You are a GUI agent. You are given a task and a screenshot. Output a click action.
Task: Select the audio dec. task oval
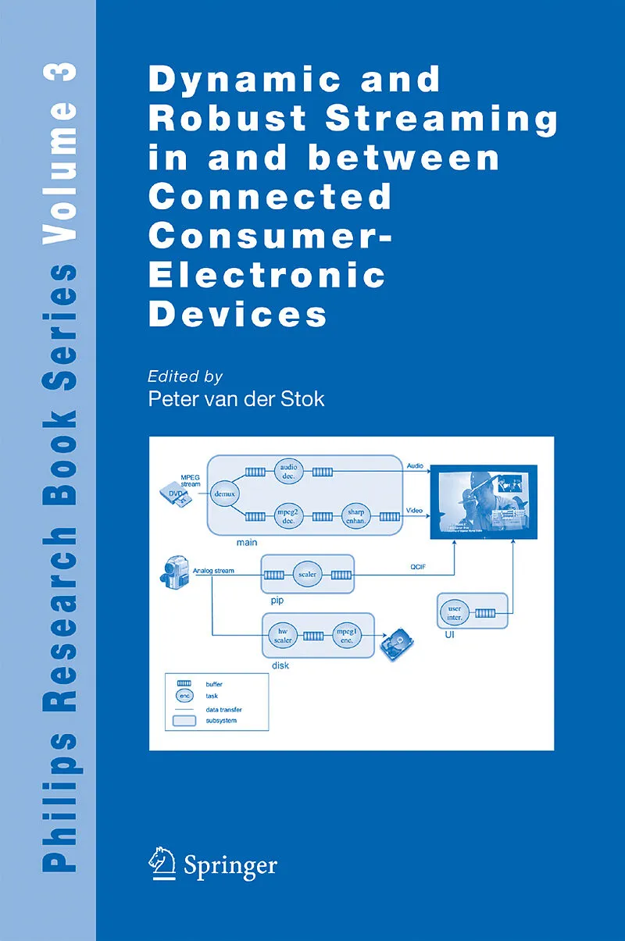tap(289, 472)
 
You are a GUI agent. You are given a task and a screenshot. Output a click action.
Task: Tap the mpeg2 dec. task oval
tap(288, 516)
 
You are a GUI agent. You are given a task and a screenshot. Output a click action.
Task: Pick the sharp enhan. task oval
tap(355, 516)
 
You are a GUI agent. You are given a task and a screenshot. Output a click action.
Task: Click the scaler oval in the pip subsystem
tap(307, 575)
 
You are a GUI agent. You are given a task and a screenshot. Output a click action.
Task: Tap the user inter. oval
tap(452, 612)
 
